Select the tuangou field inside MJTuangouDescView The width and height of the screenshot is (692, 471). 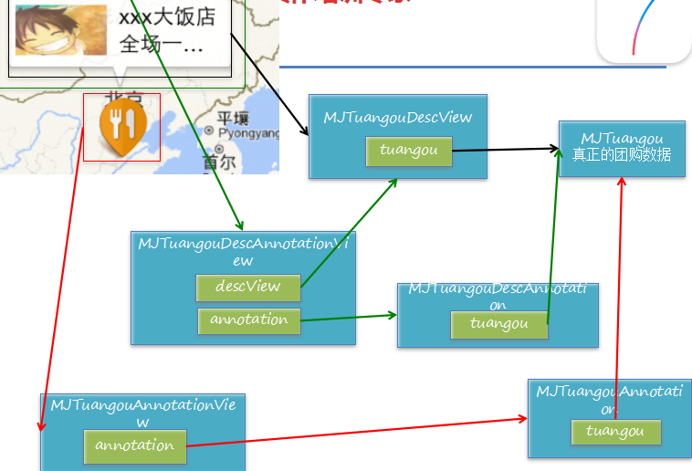[x=408, y=151]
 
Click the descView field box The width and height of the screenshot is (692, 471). [x=248, y=287]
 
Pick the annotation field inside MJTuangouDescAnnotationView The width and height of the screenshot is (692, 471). [x=248, y=320]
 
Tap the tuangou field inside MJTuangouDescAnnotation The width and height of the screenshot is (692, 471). [x=498, y=324]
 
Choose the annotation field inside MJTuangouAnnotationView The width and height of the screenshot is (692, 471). [x=134, y=445]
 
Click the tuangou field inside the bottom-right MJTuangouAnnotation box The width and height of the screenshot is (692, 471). [x=615, y=432]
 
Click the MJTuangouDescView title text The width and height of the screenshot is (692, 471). [x=397, y=118]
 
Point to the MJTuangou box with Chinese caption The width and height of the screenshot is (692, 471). [x=622, y=147]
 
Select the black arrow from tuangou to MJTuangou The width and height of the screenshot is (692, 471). [x=505, y=149]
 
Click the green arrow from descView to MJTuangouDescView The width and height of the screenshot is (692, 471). [x=349, y=233]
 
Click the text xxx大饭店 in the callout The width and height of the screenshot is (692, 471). [x=167, y=17]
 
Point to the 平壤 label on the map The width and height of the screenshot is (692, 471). [x=233, y=119]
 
